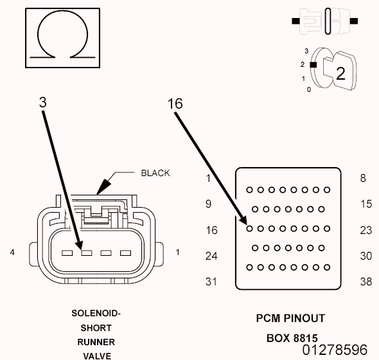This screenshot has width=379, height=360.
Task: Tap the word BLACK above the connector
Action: (155, 173)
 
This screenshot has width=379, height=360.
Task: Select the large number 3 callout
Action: (43, 102)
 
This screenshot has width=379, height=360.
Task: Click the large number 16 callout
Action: (175, 104)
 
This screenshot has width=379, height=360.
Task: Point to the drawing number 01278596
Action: (335, 350)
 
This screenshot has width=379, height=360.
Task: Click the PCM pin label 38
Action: (366, 282)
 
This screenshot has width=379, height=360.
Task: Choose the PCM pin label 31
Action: (211, 282)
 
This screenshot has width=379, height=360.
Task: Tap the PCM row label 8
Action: (363, 178)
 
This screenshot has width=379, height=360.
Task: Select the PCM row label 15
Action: (366, 204)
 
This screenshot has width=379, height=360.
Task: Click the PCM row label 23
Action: (366, 230)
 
